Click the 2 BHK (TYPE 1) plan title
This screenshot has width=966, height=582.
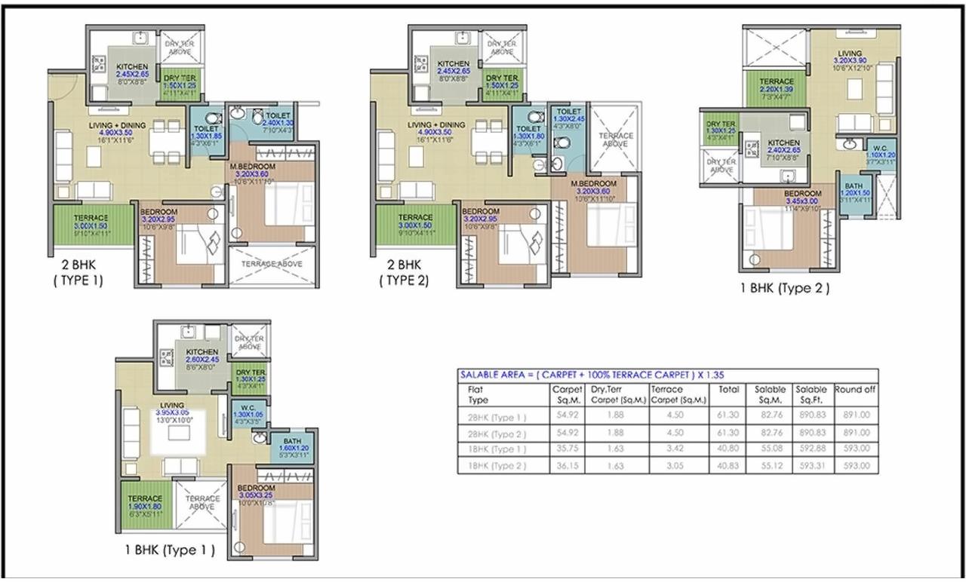82,274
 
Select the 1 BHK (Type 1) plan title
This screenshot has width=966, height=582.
170,550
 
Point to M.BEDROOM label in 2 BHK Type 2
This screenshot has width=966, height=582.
593,183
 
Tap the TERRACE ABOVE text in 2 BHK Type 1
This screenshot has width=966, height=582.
271,264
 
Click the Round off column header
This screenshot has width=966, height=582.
855,390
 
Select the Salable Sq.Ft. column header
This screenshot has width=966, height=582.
810,394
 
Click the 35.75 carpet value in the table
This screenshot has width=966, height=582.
567,449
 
